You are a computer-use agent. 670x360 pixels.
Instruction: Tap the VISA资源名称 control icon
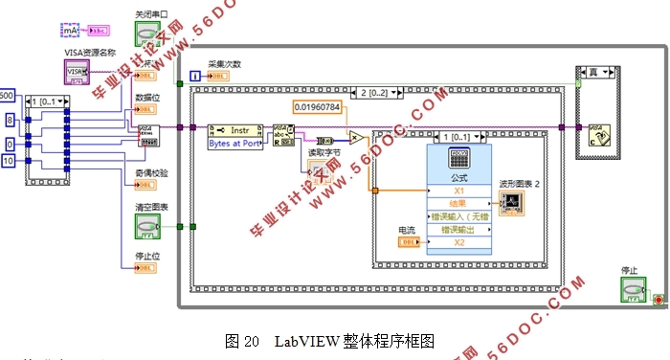point(77,71)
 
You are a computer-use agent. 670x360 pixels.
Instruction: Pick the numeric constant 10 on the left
point(8,160)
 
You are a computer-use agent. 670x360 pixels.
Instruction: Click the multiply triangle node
point(355,137)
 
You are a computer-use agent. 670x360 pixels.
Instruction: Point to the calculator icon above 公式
point(458,160)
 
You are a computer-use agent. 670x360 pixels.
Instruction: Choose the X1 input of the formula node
point(458,190)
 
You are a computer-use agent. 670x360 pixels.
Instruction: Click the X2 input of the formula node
point(458,241)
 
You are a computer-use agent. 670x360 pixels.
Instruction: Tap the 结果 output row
point(458,202)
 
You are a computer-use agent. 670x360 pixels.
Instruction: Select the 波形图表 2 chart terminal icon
point(511,202)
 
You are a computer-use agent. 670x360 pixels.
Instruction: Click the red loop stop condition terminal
point(657,301)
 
